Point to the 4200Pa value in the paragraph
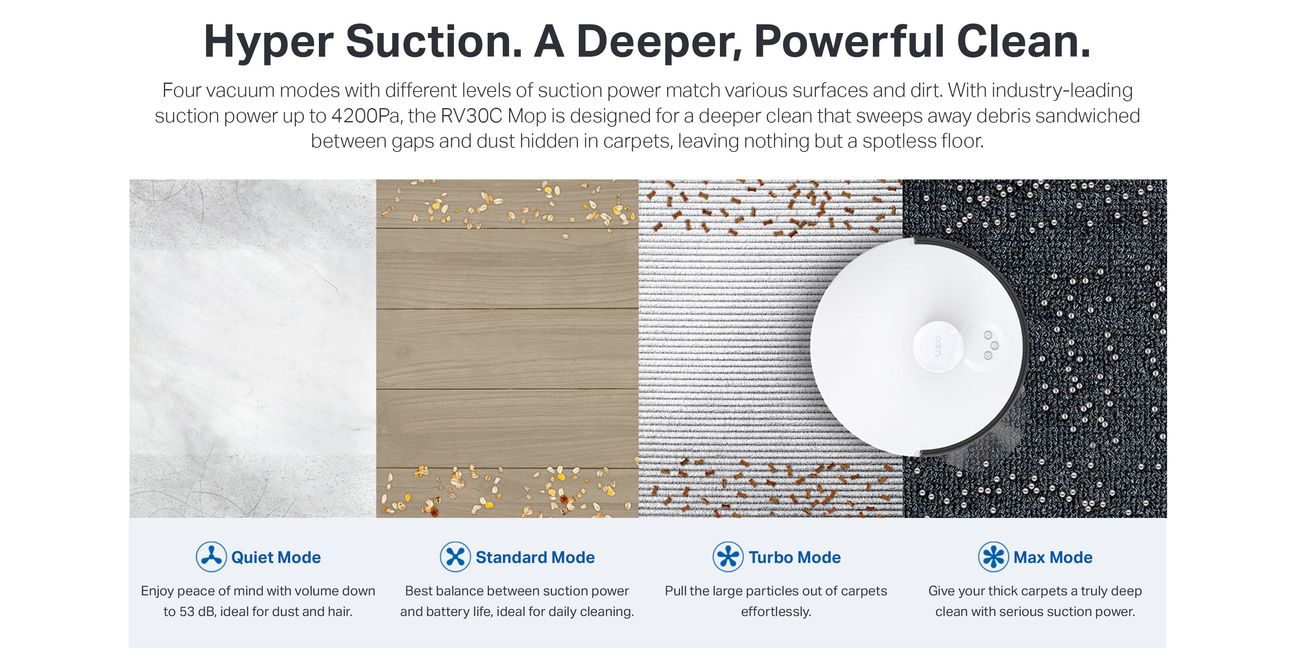(x=365, y=116)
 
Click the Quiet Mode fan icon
(x=211, y=557)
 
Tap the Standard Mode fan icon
(x=455, y=557)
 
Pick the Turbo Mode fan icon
(x=728, y=557)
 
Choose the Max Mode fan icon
(x=993, y=557)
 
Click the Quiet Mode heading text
(x=276, y=557)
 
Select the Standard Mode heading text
(x=535, y=557)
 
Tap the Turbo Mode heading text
(x=795, y=557)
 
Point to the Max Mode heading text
(x=1053, y=557)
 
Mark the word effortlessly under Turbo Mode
(x=776, y=612)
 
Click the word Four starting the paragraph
(x=181, y=91)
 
